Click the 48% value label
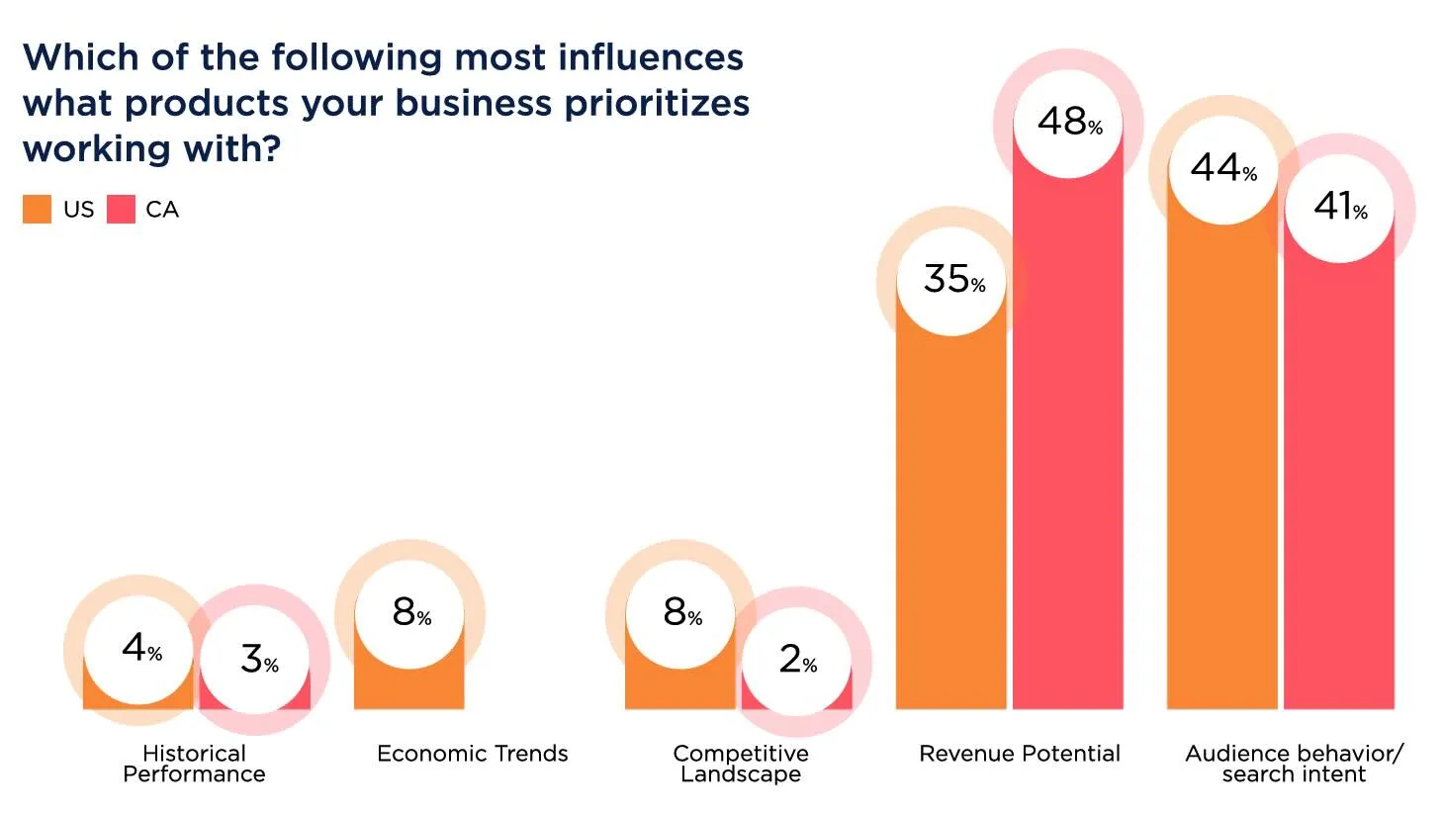point(1068,123)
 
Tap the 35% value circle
point(952,280)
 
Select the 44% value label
point(1223,169)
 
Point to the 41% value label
point(1339,207)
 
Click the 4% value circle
point(139,649)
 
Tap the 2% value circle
point(796,660)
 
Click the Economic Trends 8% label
point(410,613)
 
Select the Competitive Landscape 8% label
point(681,613)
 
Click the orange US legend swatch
point(37,210)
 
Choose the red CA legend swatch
point(121,210)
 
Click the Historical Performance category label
point(194,764)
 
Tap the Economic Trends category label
point(472,754)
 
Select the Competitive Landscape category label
point(741,764)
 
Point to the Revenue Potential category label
point(1019,754)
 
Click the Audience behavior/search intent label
point(1294,764)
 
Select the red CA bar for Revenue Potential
point(1068,445)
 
